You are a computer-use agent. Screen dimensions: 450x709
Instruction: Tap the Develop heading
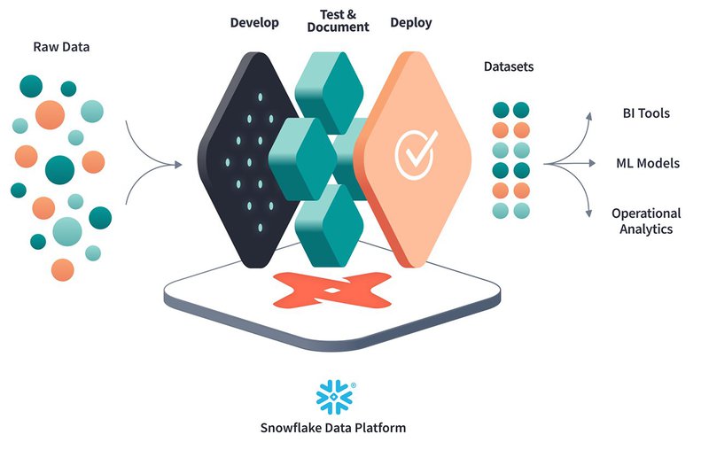tap(254, 22)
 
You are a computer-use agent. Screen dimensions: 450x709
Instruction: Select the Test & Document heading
tap(338, 19)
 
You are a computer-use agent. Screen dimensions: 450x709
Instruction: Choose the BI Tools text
tap(646, 113)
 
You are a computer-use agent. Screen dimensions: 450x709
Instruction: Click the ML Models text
tap(648, 163)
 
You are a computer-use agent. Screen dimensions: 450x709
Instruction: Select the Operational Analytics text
tap(646, 221)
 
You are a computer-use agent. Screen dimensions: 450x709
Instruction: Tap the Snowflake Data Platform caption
tap(333, 428)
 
